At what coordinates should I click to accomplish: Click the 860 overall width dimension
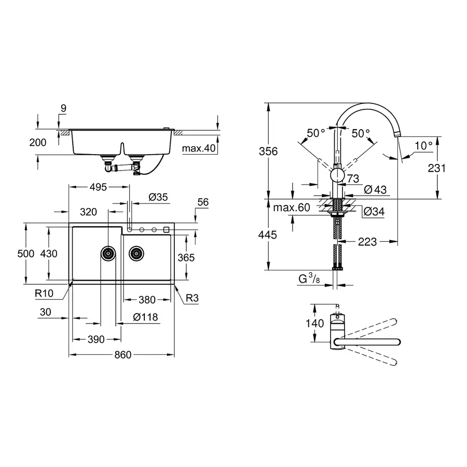(122, 354)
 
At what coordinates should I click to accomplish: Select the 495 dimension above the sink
(98, 187)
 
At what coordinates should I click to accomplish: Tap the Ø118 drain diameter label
(145, 317)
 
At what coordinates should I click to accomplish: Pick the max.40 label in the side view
(199, 148)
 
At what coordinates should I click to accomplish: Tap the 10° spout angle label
(423, 146)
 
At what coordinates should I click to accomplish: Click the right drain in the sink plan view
(136, 253)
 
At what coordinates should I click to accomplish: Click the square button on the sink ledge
(167, 229)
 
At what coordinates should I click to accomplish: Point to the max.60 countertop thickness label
(291, 208)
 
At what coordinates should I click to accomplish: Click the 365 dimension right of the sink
(186, 258)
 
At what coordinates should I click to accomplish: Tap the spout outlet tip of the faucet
(397, 134)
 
